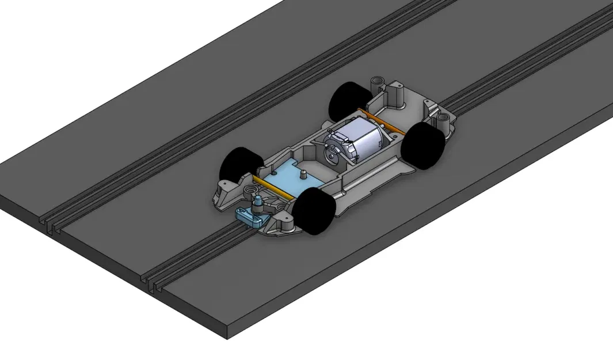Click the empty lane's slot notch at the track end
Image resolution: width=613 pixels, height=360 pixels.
point(51,228)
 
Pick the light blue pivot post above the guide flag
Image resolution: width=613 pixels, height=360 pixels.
point(258,200)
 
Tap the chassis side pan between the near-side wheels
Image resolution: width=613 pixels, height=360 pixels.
point(368,173)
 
